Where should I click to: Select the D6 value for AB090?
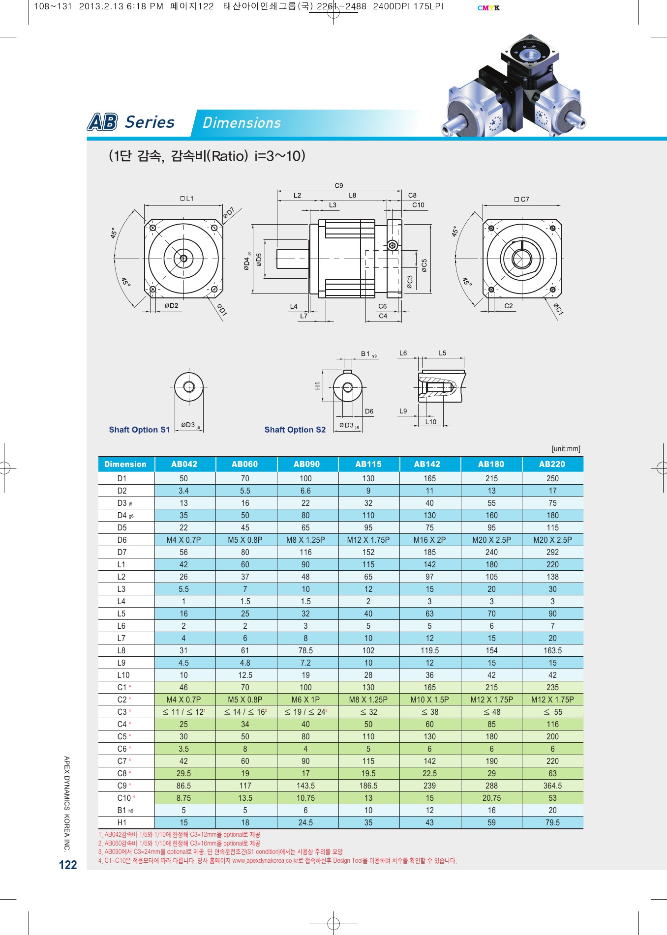305,540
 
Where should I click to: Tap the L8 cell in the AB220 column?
552,650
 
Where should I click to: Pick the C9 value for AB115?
368,786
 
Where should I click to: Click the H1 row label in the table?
122,822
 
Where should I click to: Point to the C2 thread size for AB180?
491,700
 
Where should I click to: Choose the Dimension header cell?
125,464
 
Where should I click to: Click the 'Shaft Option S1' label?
139,430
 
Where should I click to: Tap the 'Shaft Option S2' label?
295,430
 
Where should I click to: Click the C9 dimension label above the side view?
339,186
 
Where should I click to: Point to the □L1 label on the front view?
187,199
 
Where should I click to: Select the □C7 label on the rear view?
522,199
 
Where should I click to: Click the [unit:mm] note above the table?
566,449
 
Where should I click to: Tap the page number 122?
68,865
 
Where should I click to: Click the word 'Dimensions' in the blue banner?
242,123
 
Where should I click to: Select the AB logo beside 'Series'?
102,122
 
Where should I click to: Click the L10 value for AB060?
245,675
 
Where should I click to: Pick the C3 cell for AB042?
183,712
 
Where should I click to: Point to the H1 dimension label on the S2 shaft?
317,386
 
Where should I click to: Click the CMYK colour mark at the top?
488,8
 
